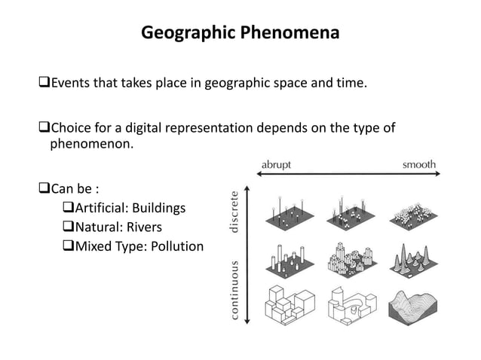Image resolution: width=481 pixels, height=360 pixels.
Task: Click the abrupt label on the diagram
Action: point(277,163)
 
